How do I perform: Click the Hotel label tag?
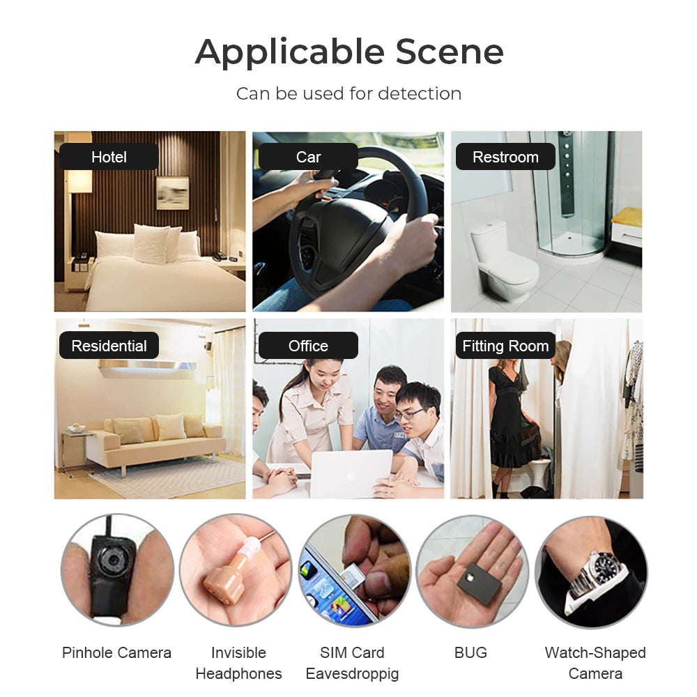click(x=109, y=157)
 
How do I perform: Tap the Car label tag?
click(x=308, y=157)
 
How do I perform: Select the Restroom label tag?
click(x=505, y=157)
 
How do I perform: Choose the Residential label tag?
click(x=109, y=346)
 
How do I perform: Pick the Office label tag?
click(x=308, y=346)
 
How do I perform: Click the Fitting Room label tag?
click(x=505, y=346)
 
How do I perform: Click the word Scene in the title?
click(x=450, y=52)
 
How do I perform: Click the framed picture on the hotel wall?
click(x=172, y=192)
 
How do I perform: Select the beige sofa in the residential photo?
click(x=155, y=439)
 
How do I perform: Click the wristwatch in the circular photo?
click(x=597, y=568)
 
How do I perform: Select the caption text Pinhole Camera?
click(x=116, y=653)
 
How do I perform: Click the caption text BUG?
click(x=470, y=653)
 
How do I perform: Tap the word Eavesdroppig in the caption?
click(x=352, y=674)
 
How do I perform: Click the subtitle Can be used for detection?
click(x=348, y=93)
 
